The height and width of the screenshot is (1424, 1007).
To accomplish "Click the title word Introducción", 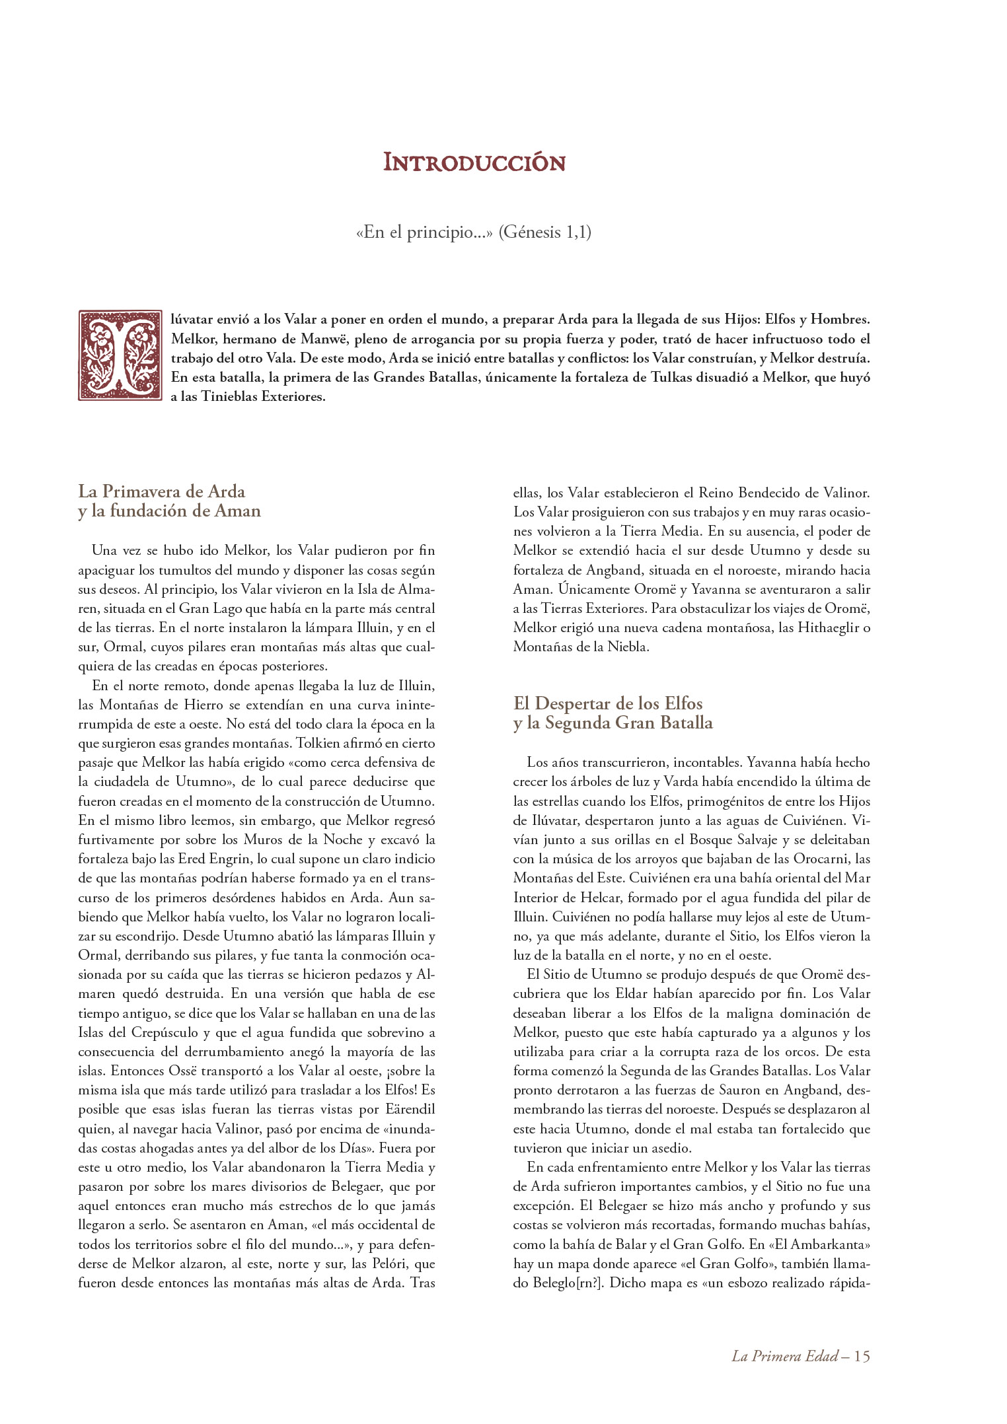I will pos(474,163).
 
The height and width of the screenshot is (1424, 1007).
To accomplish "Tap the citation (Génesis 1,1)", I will pos(544,232).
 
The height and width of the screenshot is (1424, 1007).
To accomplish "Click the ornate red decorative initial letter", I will pos(120,355).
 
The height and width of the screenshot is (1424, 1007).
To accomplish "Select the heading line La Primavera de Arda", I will pos(162,491).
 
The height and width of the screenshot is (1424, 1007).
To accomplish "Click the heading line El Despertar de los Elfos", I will pos(607,703).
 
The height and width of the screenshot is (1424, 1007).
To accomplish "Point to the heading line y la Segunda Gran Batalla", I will pos(613,723).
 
